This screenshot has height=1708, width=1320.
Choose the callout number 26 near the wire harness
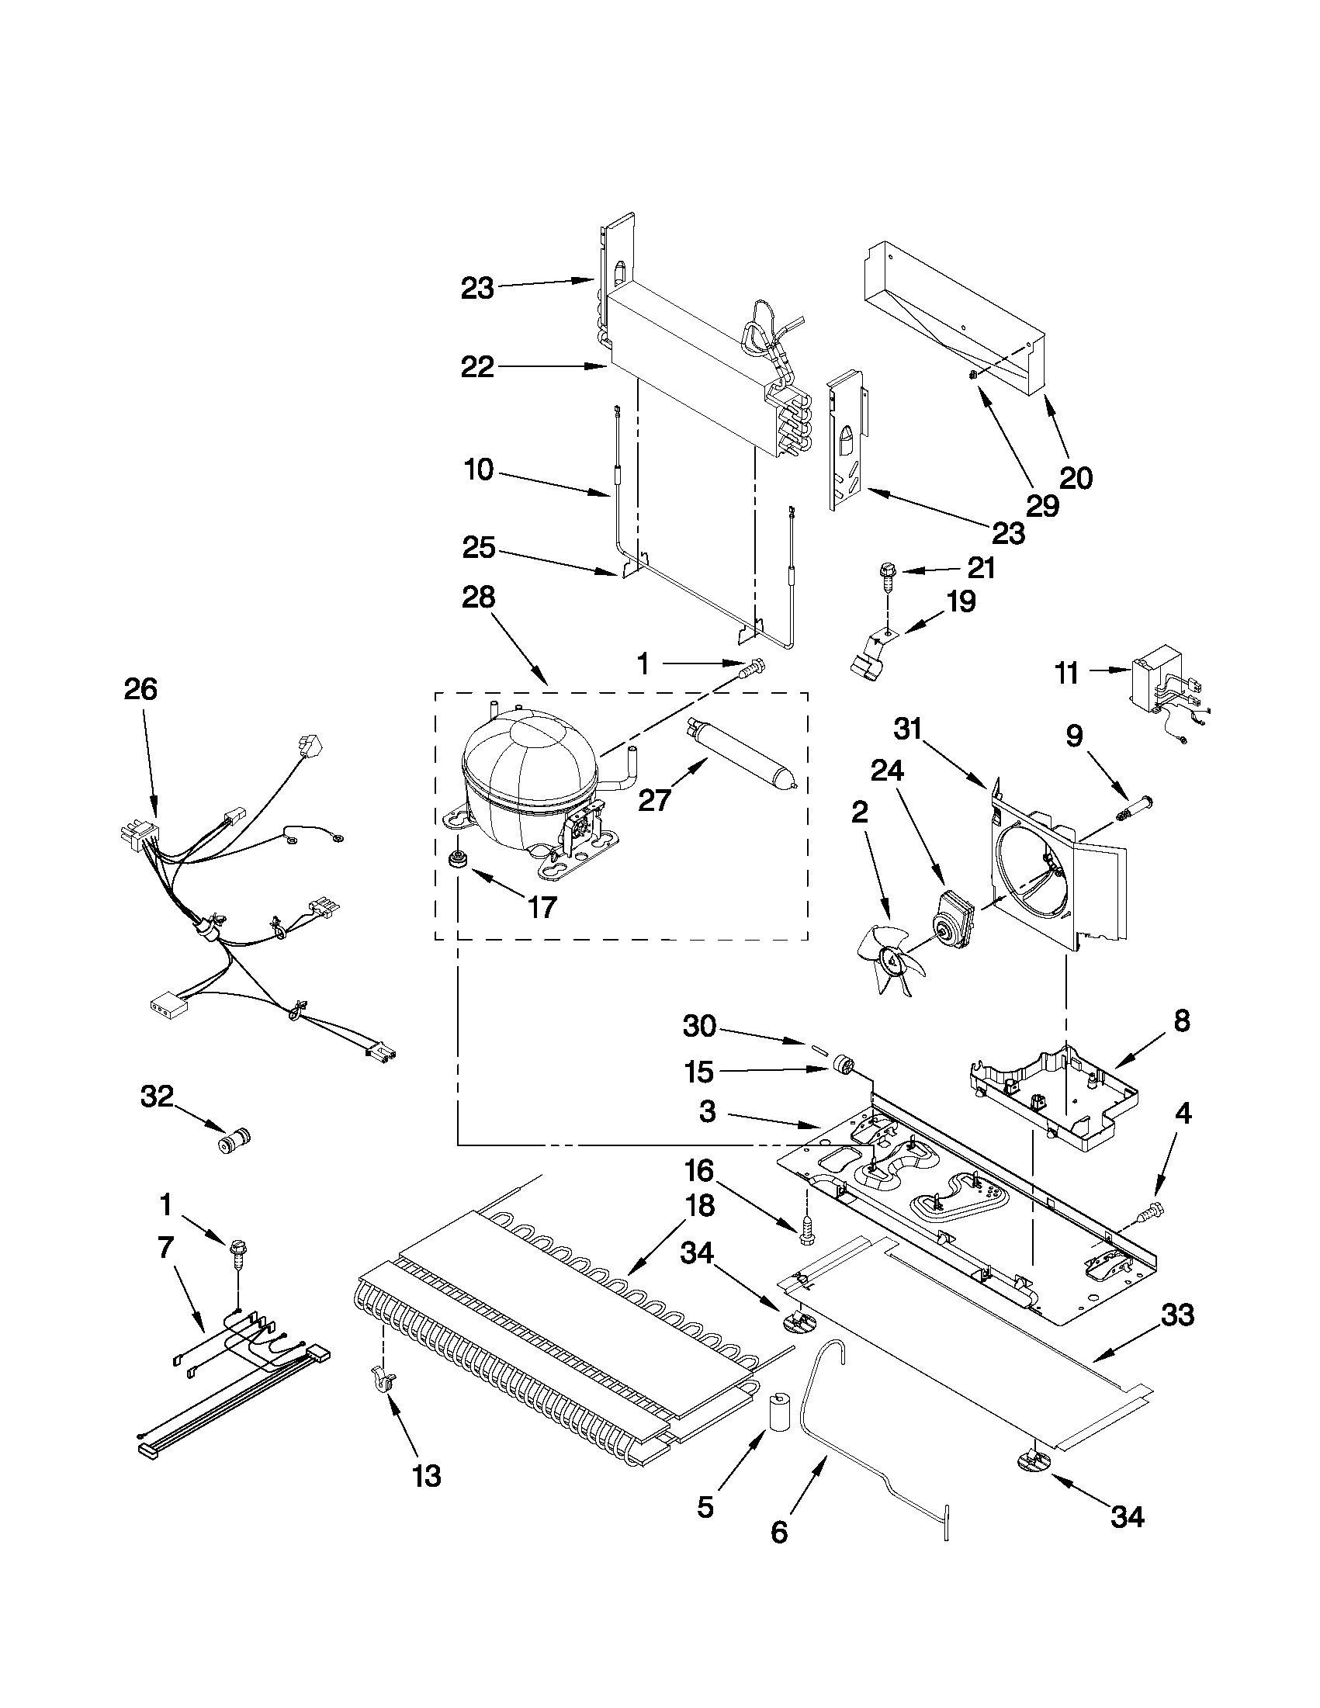tap(140, 690)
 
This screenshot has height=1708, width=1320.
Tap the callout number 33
tap(1178, 1316)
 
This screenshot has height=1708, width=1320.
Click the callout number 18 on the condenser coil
tap(699, 1206)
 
